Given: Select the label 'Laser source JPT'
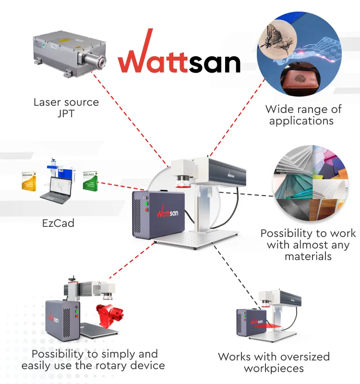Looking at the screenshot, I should (x=66, y=107).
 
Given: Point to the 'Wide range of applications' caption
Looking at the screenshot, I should (x=303, y=115).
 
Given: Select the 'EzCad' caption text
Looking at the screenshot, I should (x=58, y=223).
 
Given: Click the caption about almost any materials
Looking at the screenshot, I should (x=308, y=245).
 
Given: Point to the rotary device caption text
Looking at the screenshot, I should (x=93, y=360).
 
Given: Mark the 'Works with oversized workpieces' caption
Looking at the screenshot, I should (x=274, y=362).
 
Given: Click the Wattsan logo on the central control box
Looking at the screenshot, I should (x=167, y=212).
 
